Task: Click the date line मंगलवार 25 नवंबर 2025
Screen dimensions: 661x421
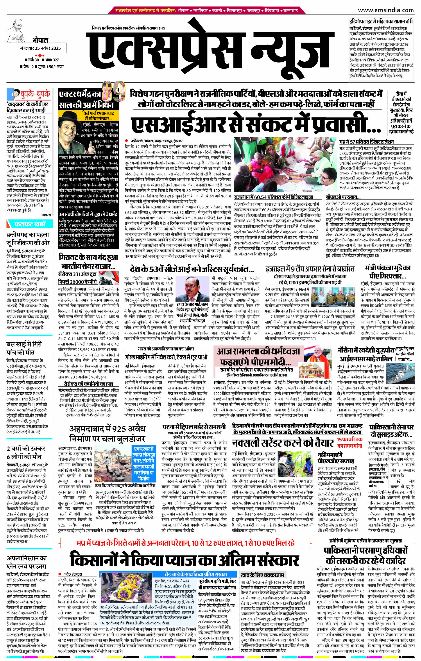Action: [41, 48]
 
